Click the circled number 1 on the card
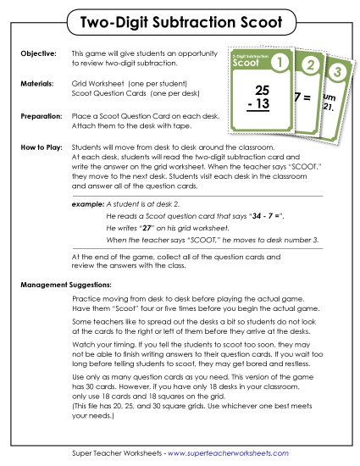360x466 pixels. coord(283,62)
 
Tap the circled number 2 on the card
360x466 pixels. coord(311,66)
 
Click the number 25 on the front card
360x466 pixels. coord(262,90)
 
